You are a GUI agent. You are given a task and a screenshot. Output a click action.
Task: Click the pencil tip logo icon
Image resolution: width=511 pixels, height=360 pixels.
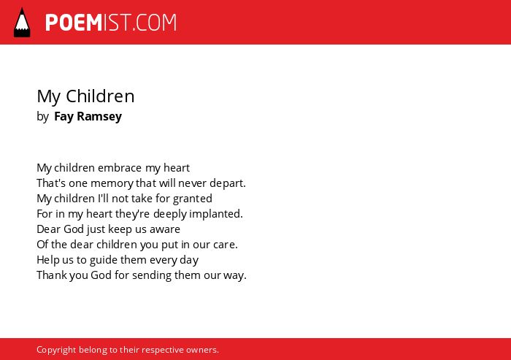point(22,23)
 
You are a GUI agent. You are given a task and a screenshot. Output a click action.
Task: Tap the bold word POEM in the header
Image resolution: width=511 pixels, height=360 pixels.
point(74,23)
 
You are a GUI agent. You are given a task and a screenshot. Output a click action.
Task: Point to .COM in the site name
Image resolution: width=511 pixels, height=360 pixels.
point(154,23)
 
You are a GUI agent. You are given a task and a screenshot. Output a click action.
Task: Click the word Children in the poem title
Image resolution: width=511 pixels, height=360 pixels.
point(100,96)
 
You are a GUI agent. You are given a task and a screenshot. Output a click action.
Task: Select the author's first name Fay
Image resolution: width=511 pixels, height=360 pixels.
point(64,117)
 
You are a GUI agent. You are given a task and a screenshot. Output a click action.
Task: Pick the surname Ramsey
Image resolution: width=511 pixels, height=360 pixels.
point(99,117)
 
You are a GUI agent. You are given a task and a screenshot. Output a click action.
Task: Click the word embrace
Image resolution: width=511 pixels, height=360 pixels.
point(120,168)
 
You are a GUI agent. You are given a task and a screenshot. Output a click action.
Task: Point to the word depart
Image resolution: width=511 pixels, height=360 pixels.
point(228,183)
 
